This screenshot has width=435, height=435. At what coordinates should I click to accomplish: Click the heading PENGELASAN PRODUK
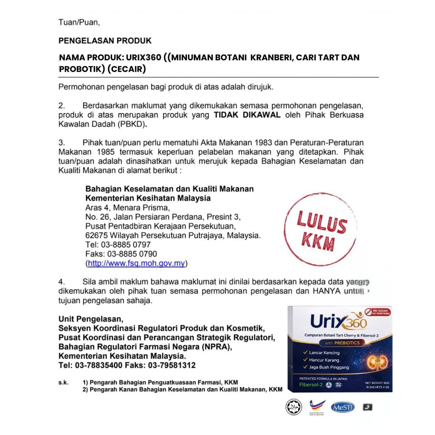(105, 41)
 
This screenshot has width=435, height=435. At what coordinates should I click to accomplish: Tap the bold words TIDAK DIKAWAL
(247, 115)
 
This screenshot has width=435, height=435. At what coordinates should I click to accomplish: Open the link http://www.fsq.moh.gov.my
(136, 263)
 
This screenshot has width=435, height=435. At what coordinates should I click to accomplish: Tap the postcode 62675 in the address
(96, 235)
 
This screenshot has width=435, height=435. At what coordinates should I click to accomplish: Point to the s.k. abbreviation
(63, 382)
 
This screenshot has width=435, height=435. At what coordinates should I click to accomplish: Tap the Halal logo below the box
(293, 407)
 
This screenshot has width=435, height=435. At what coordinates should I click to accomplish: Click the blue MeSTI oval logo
(342, 407)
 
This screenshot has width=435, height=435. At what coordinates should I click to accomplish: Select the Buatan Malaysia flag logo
(318, 407)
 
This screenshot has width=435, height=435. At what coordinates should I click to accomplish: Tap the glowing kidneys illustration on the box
(374, 359)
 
